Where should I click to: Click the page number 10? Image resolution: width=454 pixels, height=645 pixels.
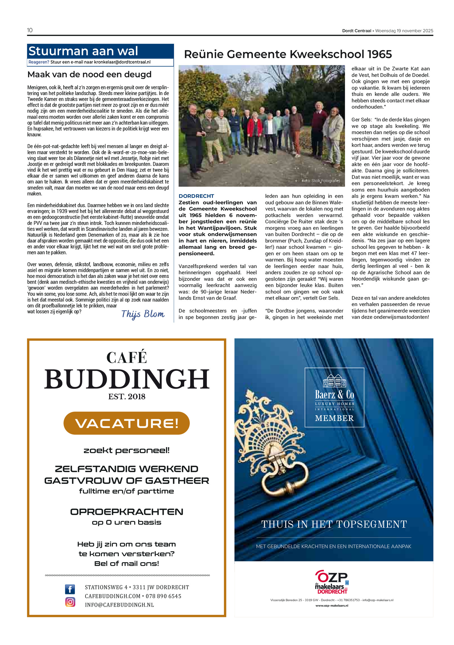coord(30,30)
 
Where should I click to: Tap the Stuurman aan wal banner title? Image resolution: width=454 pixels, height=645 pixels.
coord(83,51)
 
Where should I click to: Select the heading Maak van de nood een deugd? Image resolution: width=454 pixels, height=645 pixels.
coord(89,75)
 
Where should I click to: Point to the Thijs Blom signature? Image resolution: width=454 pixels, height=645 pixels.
coord(143,314)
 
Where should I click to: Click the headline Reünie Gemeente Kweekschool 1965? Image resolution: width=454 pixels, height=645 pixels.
coord(288,54)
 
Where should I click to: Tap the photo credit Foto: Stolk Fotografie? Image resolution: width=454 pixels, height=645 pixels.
coord(320,181)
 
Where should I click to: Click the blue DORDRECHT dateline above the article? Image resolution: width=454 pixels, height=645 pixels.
coord(196,196)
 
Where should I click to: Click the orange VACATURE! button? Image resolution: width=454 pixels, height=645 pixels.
coord(127,423)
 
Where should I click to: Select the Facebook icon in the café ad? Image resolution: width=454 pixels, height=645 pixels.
coord(70,589)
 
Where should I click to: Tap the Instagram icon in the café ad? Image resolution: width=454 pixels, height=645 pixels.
coord(70,602)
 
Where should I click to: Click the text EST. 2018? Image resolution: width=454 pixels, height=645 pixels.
coord(127,397)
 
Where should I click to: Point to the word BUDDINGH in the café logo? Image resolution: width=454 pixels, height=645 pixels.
coord(127,379)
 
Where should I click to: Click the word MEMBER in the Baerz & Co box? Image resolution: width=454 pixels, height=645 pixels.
coord(334,418)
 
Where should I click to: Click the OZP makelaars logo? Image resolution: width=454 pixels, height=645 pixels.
coord(332,582)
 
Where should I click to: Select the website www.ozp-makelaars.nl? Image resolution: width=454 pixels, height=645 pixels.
coord(332,606)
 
